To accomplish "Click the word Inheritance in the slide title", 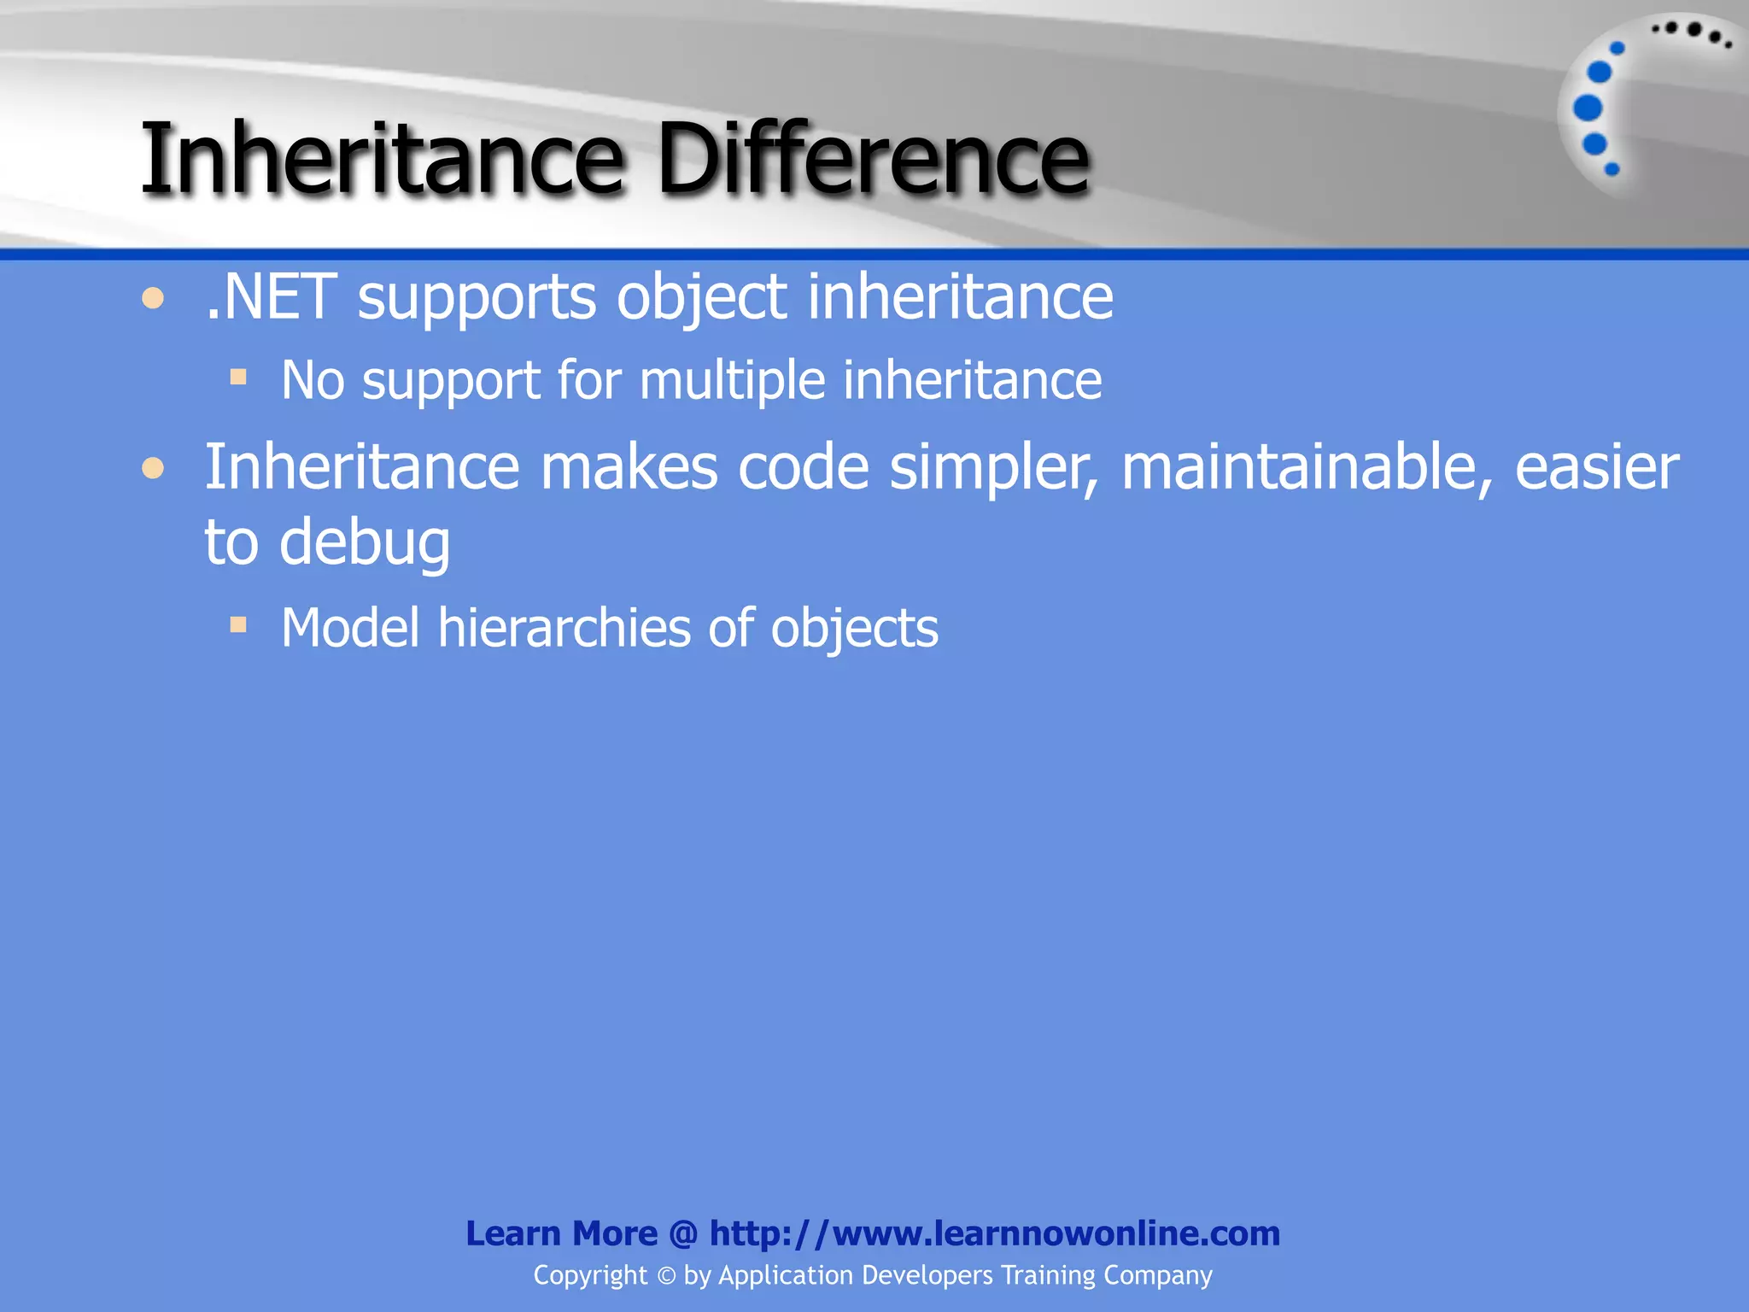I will tap(382, 159).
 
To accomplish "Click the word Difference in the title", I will tap(873, 159).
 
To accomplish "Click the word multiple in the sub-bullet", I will tap(732, 381).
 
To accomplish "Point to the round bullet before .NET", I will tap(153, 299).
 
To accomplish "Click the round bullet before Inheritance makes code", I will tap(153, 468).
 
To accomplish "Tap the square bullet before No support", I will tap(238, 377).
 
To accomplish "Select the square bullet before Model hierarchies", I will tap(238, 625).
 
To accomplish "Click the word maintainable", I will tap(1307, 468).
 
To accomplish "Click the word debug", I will tap(365, 544).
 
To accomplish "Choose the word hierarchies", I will tap(564, 629).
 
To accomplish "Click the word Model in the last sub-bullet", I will tap(350, 629).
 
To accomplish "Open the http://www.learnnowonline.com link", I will tap(994, 1233).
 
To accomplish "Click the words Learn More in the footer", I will tap(561, 1233).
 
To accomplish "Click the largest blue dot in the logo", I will tap(1588, 108).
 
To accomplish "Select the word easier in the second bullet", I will tap(1595, 468).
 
